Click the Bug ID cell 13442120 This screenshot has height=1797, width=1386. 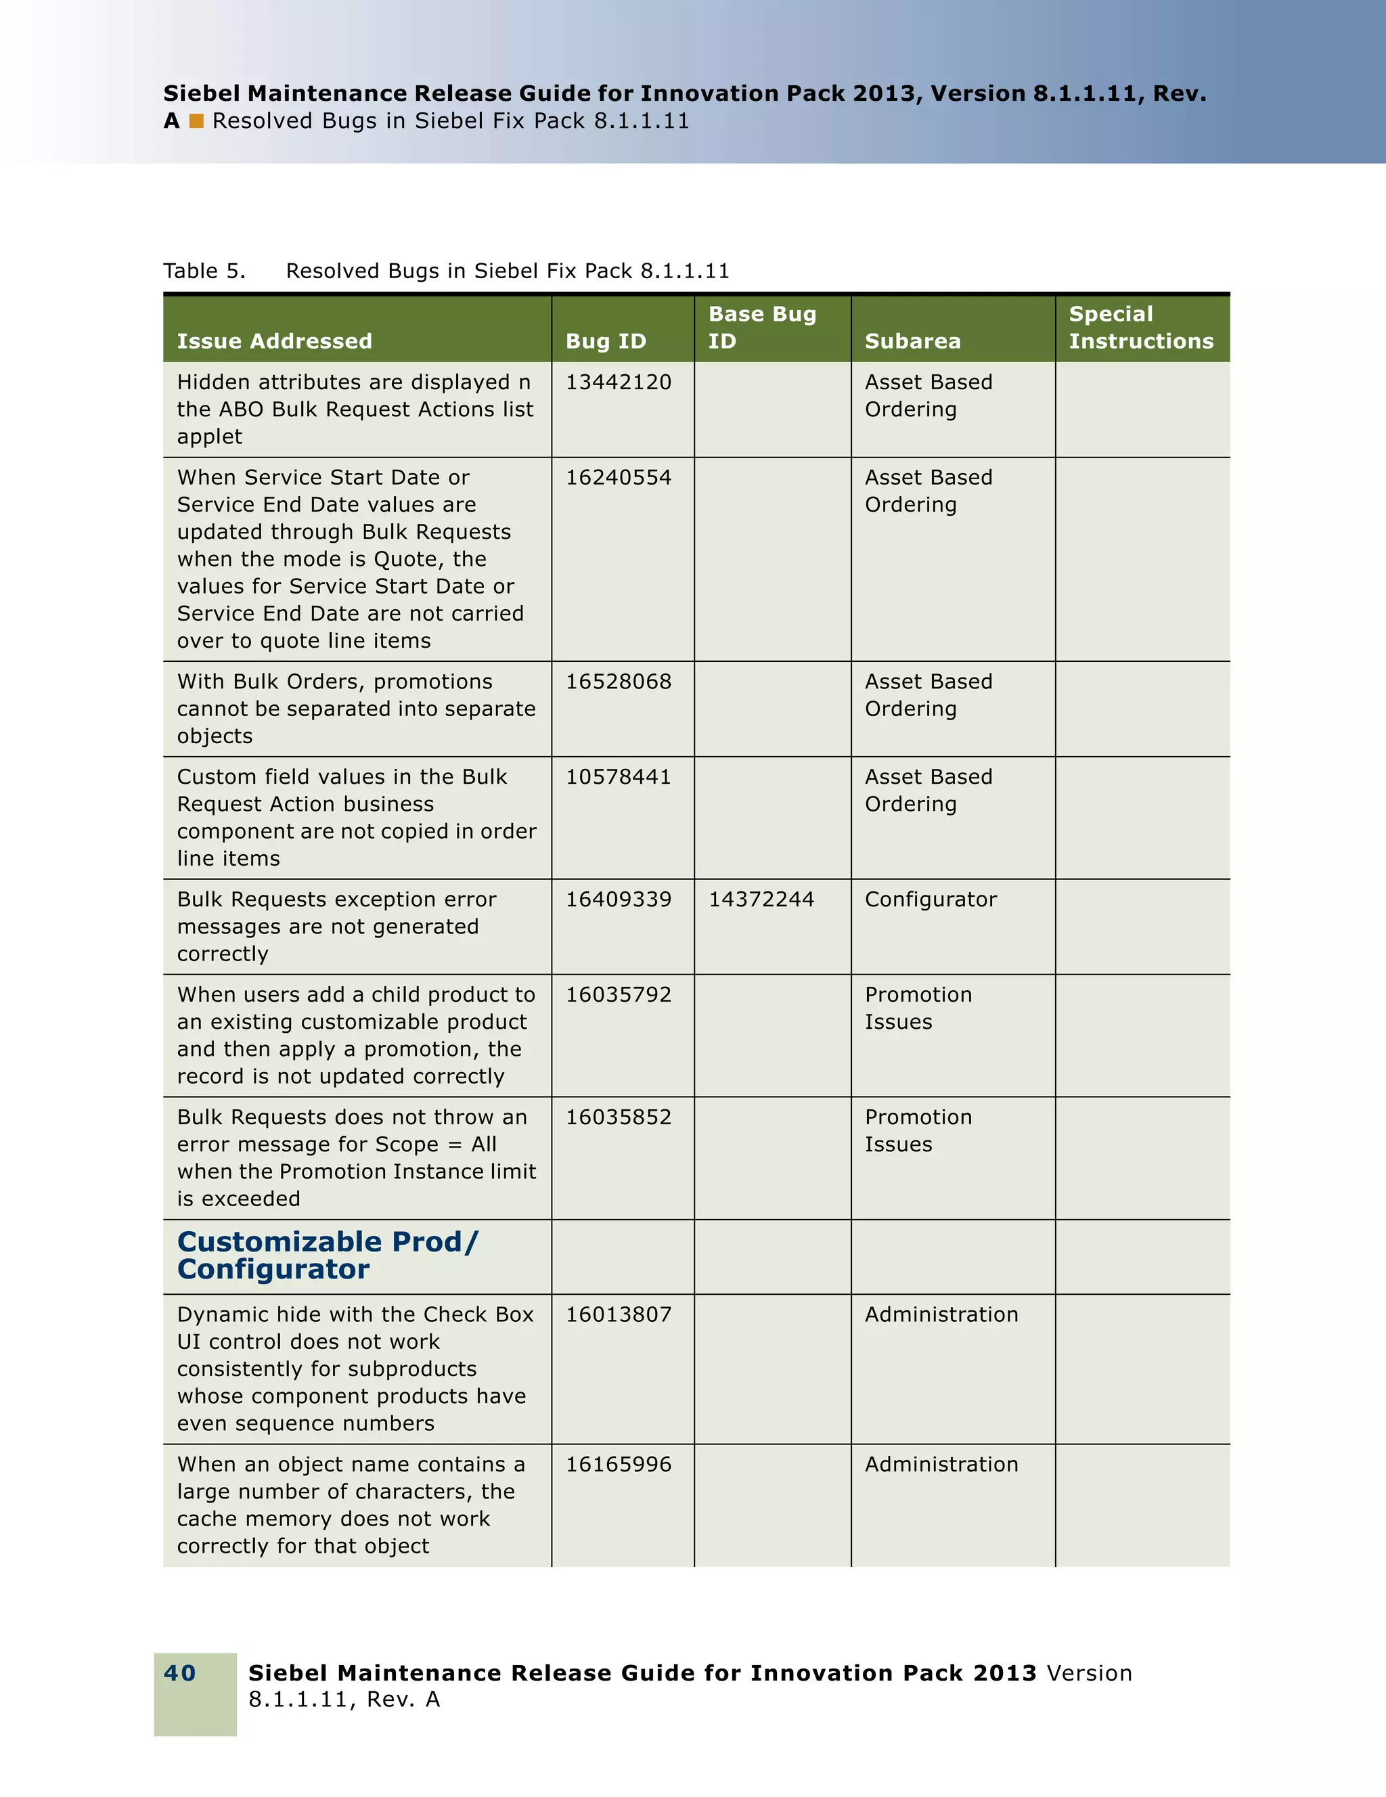(x=619, y=382)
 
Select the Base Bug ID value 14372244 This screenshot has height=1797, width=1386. (x=761, y=900)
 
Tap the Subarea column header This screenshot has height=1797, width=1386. (x=912, y=340)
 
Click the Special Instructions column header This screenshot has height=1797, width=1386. (x=1141, y=328)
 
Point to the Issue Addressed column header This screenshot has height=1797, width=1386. (x=275, y=340)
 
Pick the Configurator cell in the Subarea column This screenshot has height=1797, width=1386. (x=931, y=900)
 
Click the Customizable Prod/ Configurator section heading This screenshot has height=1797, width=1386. (x=328, y=1256)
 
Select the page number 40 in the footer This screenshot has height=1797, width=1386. (x=180, y=1672)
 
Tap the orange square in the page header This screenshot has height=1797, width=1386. (x=196, y=121)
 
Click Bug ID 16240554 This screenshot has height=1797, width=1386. (x=619, y=478)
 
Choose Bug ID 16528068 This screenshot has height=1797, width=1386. (x=619, y=682)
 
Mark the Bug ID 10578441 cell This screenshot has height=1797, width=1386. (x=619, y=778)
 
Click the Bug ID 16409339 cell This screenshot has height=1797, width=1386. (x=619, y=900)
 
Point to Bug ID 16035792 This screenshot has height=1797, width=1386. (x=619, y=995)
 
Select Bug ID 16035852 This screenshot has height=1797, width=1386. (x=619, y=1117)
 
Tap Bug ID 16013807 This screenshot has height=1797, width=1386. (x=619, y=1315)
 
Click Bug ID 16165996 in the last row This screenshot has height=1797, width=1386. (x=619, y=1465)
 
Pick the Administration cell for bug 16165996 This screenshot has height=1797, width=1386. (x=941, y=1465)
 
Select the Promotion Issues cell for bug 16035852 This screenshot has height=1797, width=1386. (x=918, y=1130)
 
